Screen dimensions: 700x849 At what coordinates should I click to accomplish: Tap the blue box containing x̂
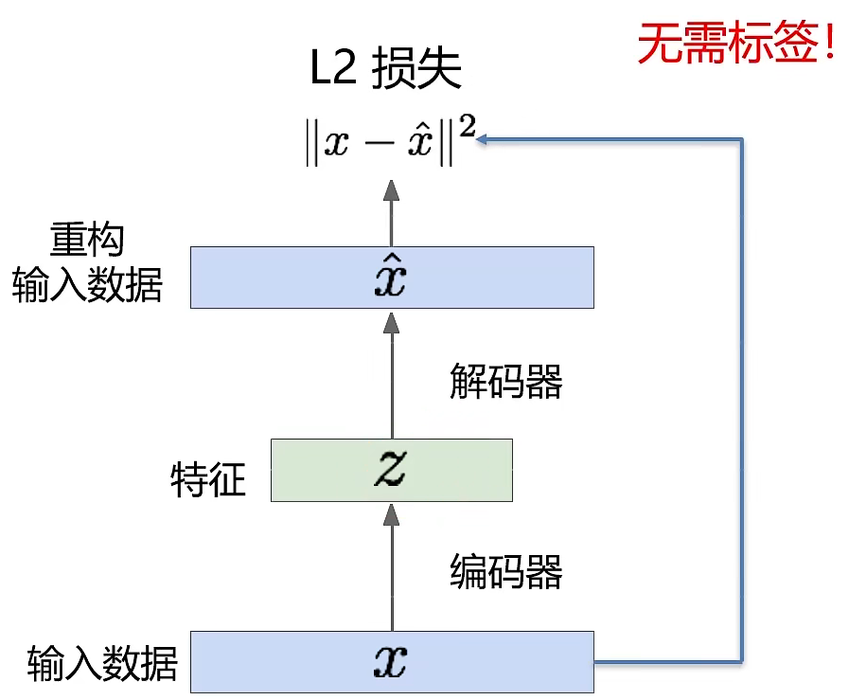(x=392, y=277)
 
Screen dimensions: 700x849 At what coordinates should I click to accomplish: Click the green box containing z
(x=391, y=470)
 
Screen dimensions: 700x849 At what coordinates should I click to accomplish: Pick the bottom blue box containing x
(x=392, y=661)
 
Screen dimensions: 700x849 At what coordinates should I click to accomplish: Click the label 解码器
(x=505, y=382)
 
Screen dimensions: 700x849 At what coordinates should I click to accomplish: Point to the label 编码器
(x=505, y=571)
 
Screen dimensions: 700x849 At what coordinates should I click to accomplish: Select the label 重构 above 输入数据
(x=87, y=241)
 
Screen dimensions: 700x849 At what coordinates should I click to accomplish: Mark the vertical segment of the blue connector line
(x=742, y=398)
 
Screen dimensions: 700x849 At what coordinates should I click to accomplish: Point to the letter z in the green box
(x=390, y=470)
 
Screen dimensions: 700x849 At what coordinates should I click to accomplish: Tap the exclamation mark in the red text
(x=830, y=43)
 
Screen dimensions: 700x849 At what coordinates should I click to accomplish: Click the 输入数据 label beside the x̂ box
(x=87, y=285)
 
